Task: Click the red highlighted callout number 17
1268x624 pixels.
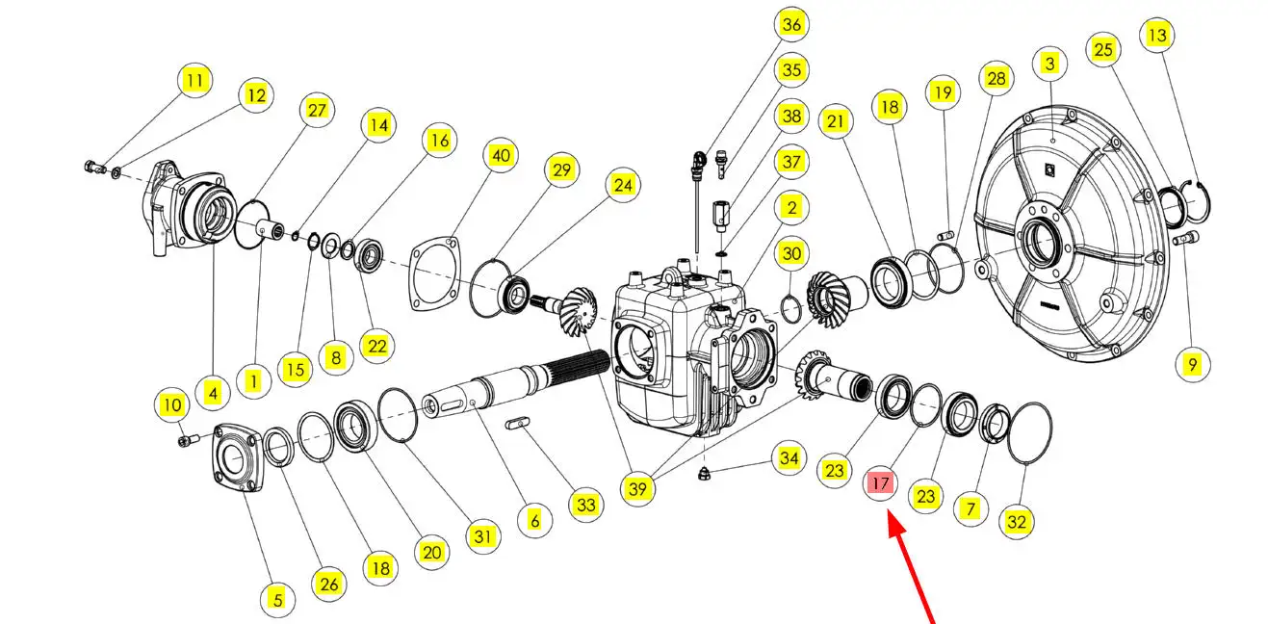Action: (x=880, y=483)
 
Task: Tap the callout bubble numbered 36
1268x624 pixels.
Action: (x=791, y=24)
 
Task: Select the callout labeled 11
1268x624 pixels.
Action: (x=194, y=80)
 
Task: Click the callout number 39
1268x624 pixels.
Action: (x=638, y=488)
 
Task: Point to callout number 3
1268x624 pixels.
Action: (x=1050, y=64)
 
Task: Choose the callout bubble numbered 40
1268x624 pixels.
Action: (x=501, y=155)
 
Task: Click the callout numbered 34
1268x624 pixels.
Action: (x=789, y=457)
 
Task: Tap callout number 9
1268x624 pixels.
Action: (x=1193, y=365)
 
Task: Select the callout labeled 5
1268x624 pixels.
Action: (x=277, y=600)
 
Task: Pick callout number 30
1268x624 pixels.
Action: (x=791, y=253)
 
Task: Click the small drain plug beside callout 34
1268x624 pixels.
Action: (x=704, y=474)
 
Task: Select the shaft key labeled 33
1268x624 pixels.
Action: (x=517, y=423)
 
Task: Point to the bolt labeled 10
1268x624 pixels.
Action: (x=189, y=439)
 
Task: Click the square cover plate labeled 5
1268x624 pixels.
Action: (x=239, y=456)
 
